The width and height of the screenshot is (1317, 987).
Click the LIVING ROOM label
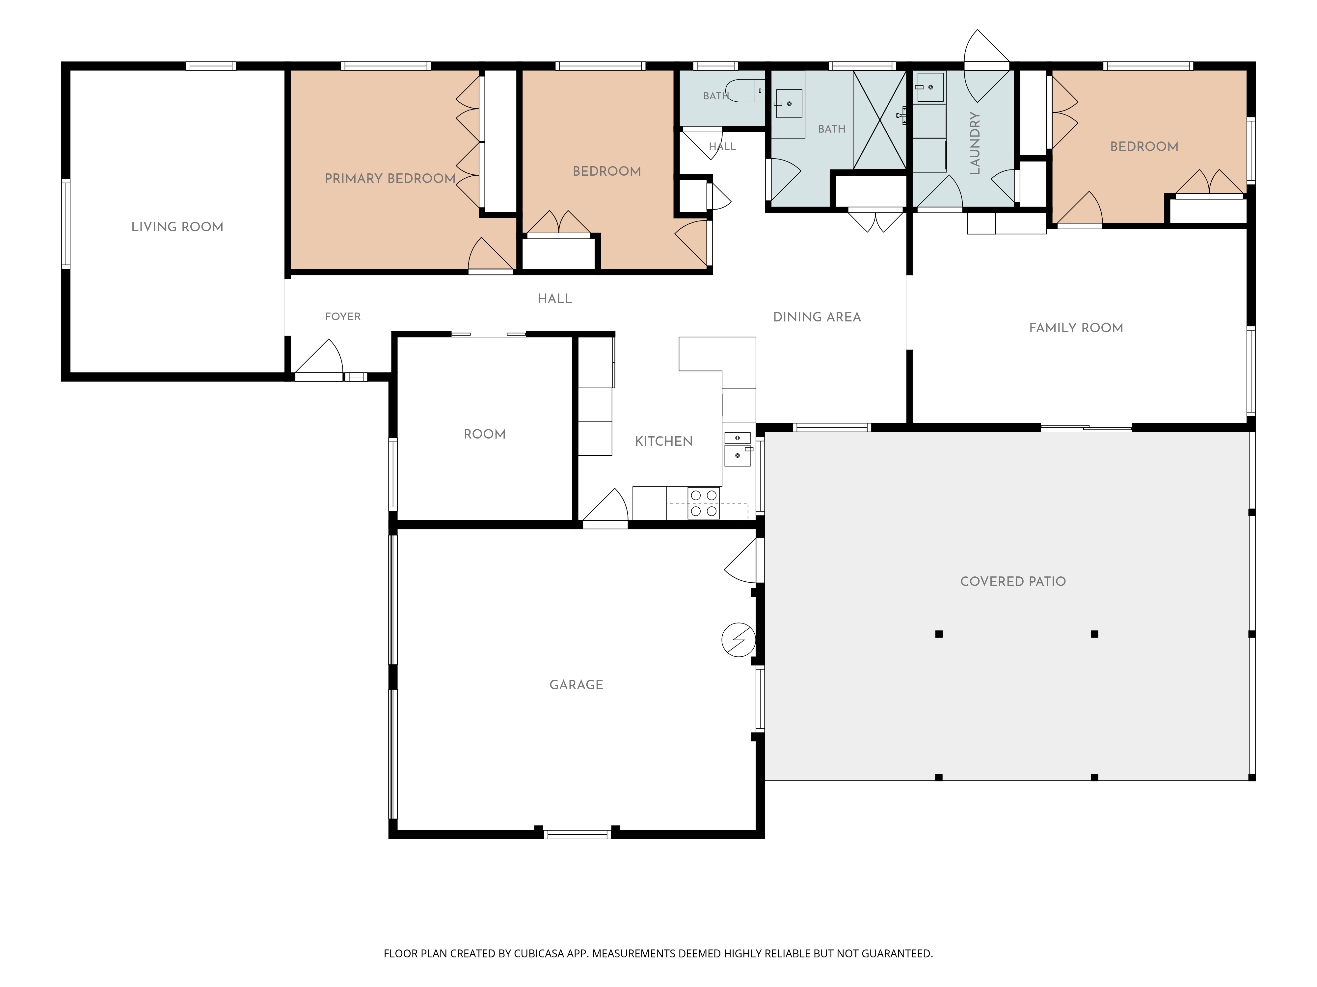click(x=177, y=227)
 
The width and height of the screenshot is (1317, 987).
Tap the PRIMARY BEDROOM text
click(x=390, y=178)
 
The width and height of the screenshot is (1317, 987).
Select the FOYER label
click(x=343, y=316)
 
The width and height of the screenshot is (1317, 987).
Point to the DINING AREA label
click(x=817, y=317)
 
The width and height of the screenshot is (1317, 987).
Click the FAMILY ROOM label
click(x=1076, y=328)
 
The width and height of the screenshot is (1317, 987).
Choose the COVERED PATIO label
click(x=1013, y=581)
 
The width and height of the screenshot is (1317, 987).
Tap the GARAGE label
click(x=576, y=685)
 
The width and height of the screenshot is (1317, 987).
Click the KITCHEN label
click(x=664, y=442)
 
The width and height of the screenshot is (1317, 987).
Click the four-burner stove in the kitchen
click(x=703, y=503)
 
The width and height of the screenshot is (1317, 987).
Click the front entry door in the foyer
click(x=318, y=360)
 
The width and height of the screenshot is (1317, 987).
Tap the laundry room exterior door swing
click(x=986, y=65)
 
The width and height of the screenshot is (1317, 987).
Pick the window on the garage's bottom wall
click(x=578, y=834)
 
